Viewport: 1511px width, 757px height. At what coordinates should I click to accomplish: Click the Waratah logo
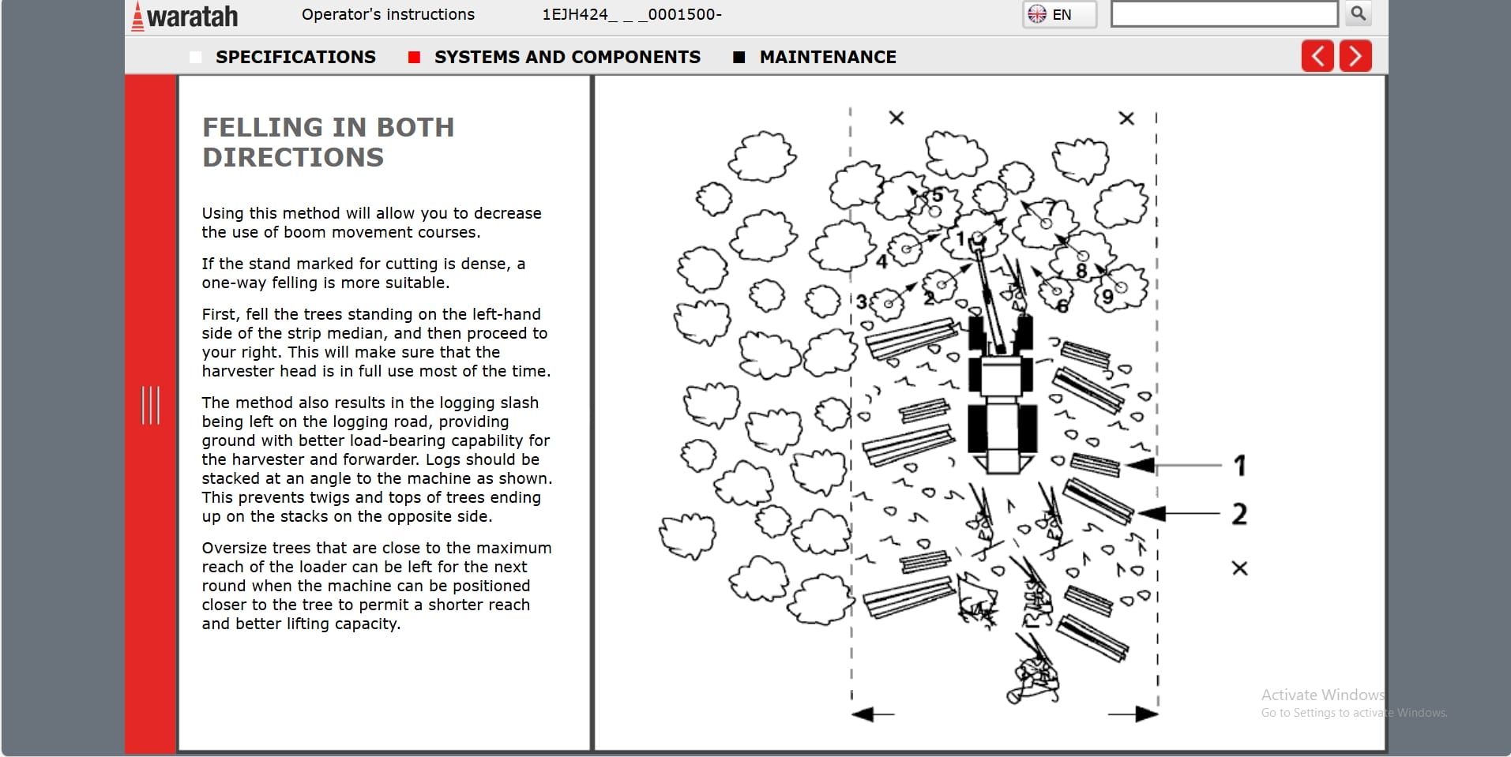click(x=185, y=16)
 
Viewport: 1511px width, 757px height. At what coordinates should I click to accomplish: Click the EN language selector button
click(x=1059, y=14)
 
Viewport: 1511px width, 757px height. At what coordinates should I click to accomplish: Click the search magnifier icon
click(x=1358, y=13)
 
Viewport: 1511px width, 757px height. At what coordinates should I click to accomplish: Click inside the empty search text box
click(x=1223, y=14)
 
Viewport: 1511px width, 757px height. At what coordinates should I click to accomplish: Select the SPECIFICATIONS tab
click(x=295, y=57)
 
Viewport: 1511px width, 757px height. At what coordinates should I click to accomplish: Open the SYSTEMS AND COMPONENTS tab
click(x=566, y=57)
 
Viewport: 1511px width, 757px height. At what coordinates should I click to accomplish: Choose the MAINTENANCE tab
click(x=827, y=57)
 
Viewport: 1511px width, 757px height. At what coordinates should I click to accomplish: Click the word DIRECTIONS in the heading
click(x=293, y=157)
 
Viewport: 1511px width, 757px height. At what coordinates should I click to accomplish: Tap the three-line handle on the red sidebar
click(x=150, y=405)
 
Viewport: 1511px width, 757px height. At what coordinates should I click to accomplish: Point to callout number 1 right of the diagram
click(x=1240, y=465)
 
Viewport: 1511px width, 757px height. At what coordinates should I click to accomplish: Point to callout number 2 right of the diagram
click(x=1239, y=514)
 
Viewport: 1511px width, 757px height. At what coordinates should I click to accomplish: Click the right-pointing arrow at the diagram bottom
click(x=1134, y=714)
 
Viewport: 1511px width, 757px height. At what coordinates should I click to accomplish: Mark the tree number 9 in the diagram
click(x=1108, y=297)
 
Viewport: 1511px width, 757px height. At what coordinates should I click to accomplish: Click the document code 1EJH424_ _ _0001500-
click(x=632, y=14)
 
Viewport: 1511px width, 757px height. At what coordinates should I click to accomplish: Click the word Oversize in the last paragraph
click(x=234, y=548)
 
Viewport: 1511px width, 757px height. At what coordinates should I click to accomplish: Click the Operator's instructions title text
click(x=388, y=14)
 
